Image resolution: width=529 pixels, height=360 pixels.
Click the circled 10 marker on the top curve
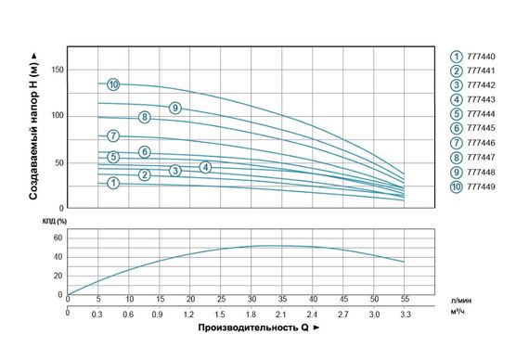113,84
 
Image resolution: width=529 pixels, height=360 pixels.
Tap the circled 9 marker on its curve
174,109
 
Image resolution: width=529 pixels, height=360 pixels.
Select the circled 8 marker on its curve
144,117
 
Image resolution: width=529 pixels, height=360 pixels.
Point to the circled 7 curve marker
113,136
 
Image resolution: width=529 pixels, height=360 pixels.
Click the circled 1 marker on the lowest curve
113,183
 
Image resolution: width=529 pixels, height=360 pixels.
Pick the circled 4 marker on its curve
205,167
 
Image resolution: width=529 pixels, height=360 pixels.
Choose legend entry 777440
481,56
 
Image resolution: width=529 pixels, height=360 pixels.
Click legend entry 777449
481,187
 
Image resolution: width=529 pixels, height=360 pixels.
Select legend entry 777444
481,114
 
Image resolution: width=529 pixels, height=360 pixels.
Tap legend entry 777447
481,158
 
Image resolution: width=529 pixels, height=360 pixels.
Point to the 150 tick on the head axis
58,70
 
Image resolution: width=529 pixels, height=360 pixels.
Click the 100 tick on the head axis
58,115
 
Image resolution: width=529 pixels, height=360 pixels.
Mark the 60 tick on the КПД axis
56,237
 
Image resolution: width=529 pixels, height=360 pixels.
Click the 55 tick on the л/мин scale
404,300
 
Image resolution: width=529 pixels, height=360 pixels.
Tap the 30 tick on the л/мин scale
251,300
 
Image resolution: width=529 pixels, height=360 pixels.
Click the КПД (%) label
57,221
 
